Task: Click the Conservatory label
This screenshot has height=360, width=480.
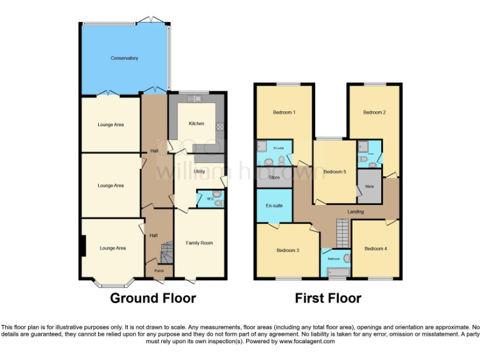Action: (124, 58)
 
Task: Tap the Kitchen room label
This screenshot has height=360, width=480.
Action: (196, 124)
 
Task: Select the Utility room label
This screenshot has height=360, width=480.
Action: (199, 171)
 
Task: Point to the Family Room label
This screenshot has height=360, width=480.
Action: (199, 242)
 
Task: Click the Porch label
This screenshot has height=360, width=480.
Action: (159, 271)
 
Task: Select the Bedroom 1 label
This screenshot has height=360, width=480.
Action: (284, 112)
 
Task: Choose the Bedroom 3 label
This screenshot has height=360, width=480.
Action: (287, 250)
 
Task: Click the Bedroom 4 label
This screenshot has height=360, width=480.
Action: (376, 248)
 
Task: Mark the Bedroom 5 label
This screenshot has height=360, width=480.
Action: (334, 172)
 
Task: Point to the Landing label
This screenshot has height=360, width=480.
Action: (356, 212)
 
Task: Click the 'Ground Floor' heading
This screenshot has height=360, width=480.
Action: (152, 298)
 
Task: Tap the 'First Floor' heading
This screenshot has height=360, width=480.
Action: (327, 298)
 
